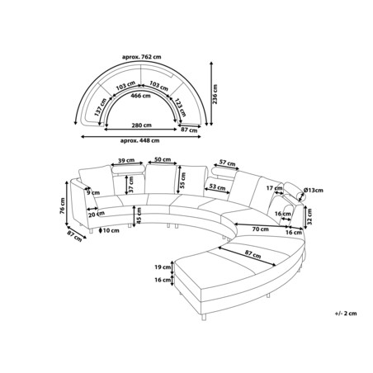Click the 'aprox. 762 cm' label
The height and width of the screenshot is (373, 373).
coord(141,57)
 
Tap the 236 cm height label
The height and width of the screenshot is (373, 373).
coord(215,94)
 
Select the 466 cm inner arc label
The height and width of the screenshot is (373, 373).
coord(140,96)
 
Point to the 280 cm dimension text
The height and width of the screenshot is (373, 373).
coord(141,125)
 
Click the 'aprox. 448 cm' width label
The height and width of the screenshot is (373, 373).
coord(139,140)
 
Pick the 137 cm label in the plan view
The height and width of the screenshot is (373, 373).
coord(101,107)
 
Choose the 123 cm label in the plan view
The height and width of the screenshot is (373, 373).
coord(181,107)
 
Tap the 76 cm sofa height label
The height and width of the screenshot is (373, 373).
coord(63,205)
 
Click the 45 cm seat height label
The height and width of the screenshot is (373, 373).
coord(139,215)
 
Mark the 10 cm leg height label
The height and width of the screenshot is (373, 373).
coord(111,230)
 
